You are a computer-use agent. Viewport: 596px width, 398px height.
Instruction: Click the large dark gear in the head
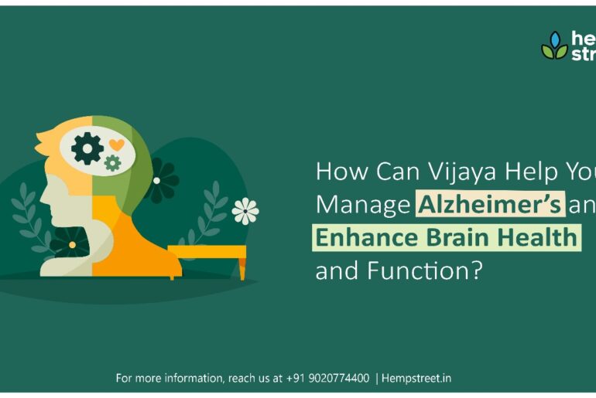point(87,148)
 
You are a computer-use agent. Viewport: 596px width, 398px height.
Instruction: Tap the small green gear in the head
point(112,162)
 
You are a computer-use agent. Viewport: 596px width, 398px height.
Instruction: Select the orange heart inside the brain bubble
point(116,145)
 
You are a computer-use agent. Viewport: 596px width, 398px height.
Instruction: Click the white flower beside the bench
point(245,210)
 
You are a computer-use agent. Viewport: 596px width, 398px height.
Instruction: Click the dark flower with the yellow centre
point(71,244)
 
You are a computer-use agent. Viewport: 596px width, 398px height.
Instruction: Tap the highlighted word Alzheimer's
point(490,205)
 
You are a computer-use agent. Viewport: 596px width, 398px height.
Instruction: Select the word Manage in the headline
point(363,206)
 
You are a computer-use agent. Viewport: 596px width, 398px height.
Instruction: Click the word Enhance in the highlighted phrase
point(360,237)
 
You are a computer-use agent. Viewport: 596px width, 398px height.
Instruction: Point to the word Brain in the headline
point(447,237)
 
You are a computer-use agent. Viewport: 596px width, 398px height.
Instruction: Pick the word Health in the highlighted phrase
point(533,237)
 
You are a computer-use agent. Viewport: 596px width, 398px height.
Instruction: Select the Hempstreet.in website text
point(416,379)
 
